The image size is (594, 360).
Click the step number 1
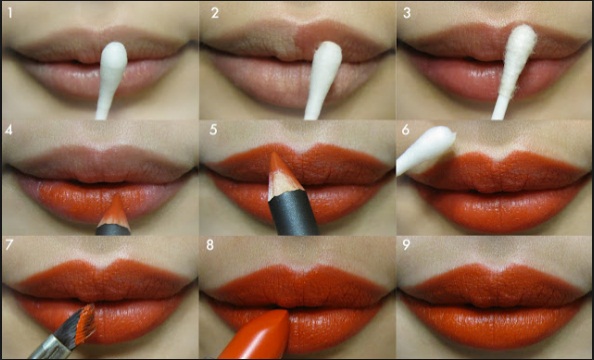click(10, 13)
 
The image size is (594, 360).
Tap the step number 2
click(215, 13)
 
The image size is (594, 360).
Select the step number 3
click(407, 13)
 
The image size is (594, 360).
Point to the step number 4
click(8, 130)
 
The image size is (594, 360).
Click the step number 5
click(213, 130)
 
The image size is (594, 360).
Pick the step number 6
click(406, 130)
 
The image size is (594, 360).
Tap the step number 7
click(9, 245)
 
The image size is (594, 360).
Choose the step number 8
click(210, 245)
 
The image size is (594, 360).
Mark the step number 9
click(406, 245)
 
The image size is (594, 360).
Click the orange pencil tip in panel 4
click(115, 212)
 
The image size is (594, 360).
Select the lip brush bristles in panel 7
click(80, 323)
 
